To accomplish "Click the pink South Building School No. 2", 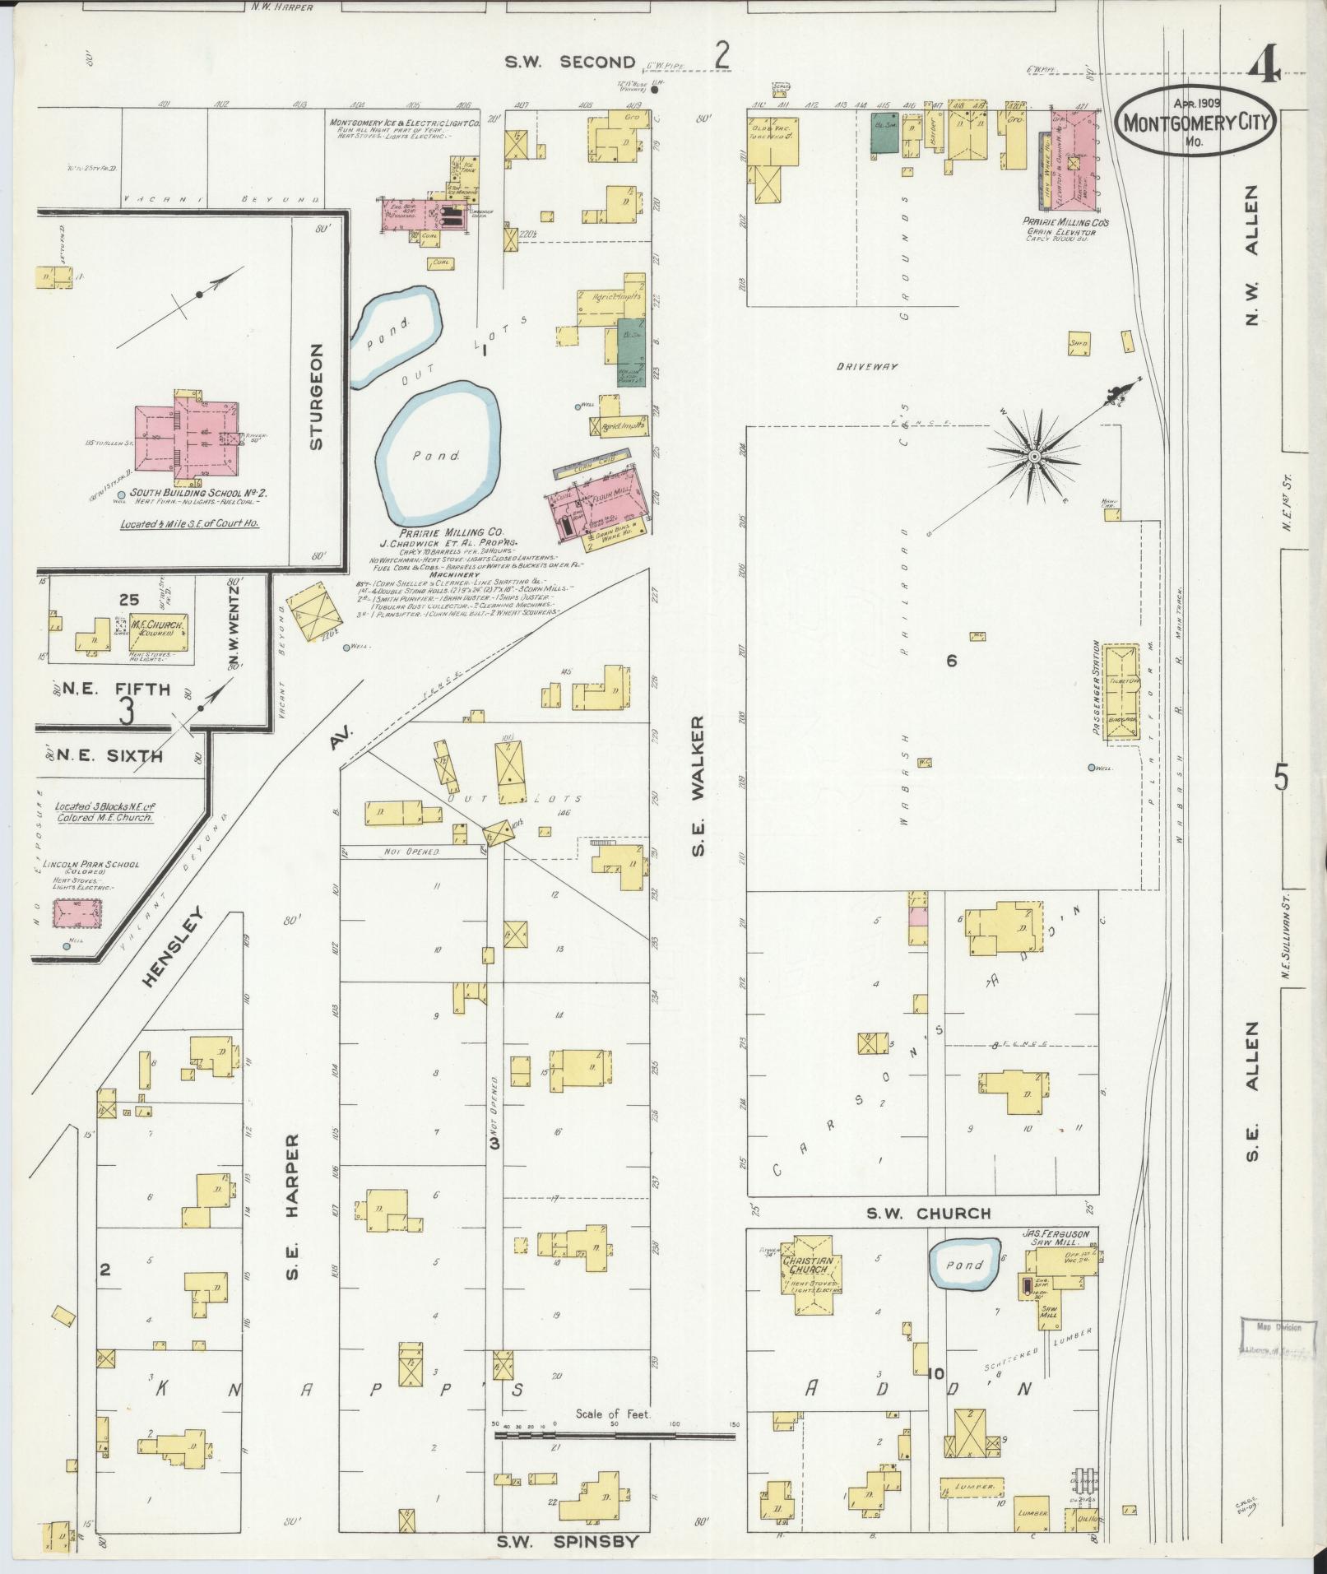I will click(194, 437).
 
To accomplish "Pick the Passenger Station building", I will click(1121, 694).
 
